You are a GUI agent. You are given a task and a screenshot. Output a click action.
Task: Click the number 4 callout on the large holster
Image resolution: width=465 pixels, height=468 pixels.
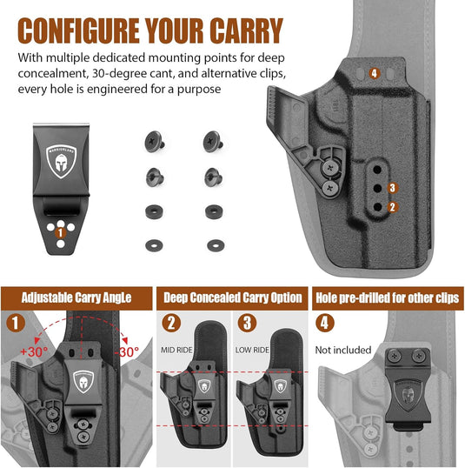[x=374, y=73]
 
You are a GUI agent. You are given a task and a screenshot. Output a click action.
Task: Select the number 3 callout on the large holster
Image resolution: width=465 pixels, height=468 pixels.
[x=392, y=187]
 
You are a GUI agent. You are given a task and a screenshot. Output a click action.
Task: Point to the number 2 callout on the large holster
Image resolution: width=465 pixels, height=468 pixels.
[x=392, y=207]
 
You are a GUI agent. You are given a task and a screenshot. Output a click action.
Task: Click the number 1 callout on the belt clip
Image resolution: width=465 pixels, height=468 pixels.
[x=60, y=231]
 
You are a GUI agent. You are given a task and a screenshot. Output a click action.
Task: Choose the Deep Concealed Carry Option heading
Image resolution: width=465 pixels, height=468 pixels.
[x=232, y=298]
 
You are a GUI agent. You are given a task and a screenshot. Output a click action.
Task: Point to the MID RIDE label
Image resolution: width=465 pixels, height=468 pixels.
[x=177, y=350]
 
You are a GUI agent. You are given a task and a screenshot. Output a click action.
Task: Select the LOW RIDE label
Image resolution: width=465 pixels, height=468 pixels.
[x=253, y=350]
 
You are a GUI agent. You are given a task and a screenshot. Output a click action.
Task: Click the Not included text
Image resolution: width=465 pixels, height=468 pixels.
[x=343, y=350]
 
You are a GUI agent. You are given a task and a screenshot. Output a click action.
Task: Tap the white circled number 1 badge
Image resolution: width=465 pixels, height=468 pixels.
[x=16, y=323]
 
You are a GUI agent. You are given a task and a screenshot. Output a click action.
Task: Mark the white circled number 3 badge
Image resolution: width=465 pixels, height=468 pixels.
[x=247, y=323]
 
